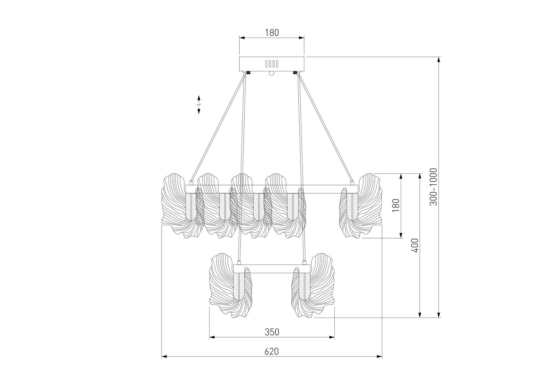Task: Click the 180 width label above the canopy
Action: point(272,33)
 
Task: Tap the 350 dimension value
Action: point(272,332)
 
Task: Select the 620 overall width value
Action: point(272,351)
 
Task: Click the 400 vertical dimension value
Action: point(415,245)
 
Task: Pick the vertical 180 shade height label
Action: point(396,205)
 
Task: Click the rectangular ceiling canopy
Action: point(272,64)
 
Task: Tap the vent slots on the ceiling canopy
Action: point(272,64)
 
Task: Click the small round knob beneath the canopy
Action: point(271,74)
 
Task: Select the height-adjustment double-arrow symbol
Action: point(199,104)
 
